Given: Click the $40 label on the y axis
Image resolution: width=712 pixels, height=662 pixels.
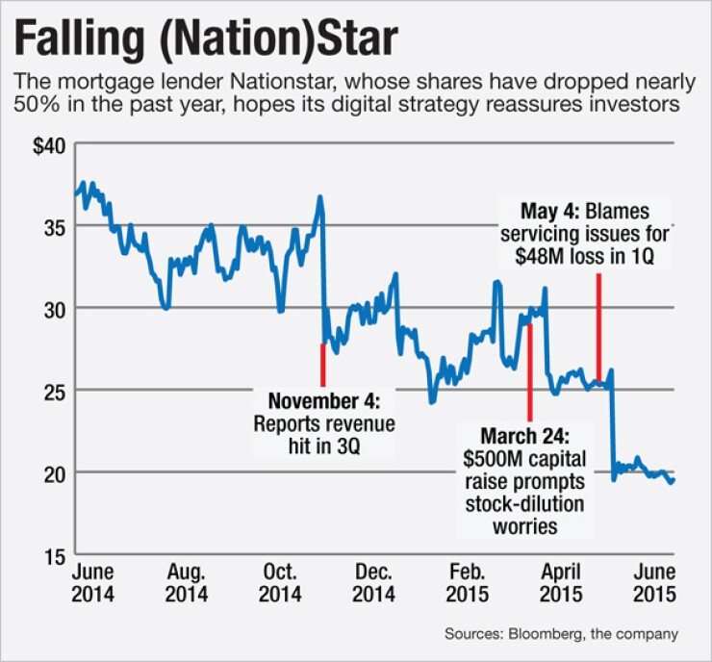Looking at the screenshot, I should click(x=46, y=145).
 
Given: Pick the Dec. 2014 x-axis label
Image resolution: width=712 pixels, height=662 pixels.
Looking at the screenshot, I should click(x=373, y=582).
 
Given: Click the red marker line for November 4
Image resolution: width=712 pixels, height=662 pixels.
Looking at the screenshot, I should click(x=323, y=364).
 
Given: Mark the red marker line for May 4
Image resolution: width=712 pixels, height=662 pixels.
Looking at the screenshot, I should click(x=598, y=327).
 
